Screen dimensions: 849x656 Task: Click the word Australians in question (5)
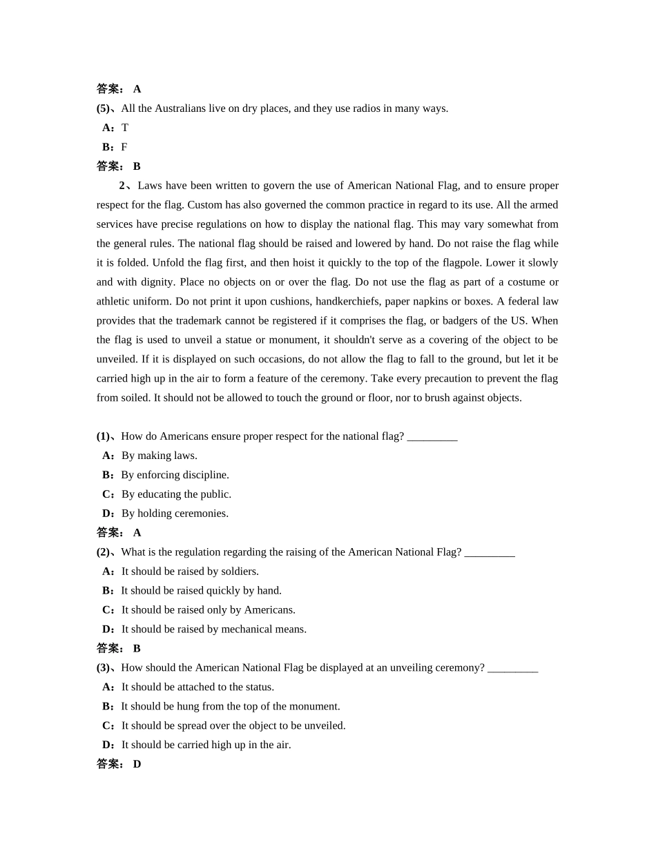click(x=180, y=108)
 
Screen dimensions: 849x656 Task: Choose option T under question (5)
click(x=125, y=128)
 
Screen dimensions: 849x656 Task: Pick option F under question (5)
click(x=124, y=147)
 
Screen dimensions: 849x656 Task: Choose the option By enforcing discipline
click(x=175, y=475)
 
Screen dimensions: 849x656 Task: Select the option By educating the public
click(x=176, y=494)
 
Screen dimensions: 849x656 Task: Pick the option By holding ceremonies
click(x=175, y=514)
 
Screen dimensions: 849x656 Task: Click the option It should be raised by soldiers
click(x=190, y=572)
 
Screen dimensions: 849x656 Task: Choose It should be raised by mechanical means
click(x=213, y=630)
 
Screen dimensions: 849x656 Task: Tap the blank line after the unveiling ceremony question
click(x=512, y=668)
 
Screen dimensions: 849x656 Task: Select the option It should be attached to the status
click(x=197, y=687)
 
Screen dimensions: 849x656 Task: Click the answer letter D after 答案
click(x=137, y=765)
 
